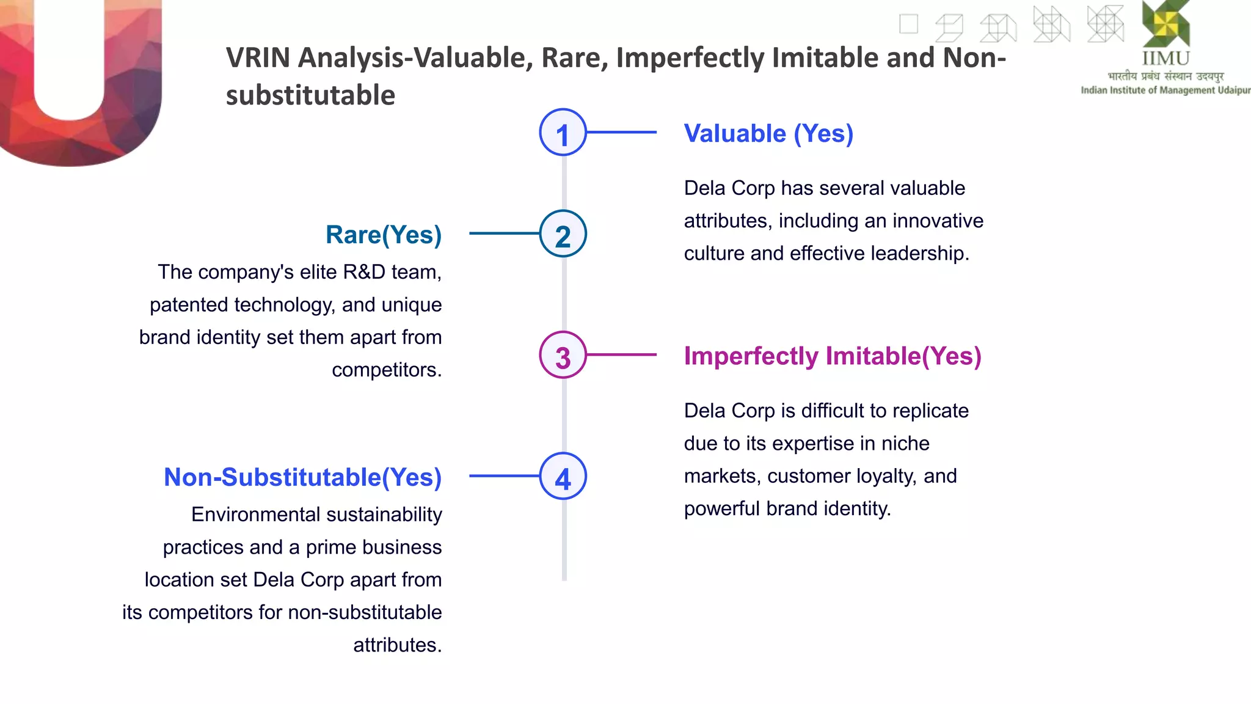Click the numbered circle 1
tap(563, 133)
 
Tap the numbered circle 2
tap(563, 233)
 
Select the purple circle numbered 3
tap(563, 355)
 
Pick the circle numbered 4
tap(563, 476)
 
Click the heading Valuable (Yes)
tap(768, 133)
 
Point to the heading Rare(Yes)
tap(383, 235)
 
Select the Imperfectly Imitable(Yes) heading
tap(832, 356)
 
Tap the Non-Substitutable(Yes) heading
tap(302, 477)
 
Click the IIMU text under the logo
tap(1165, 59)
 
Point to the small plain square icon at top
tap(908, 24)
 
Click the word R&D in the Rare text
tap(364, 272)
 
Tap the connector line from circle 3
tap(621, 354)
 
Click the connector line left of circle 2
tap(504, 233)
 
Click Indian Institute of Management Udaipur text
tap(1165, 90)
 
